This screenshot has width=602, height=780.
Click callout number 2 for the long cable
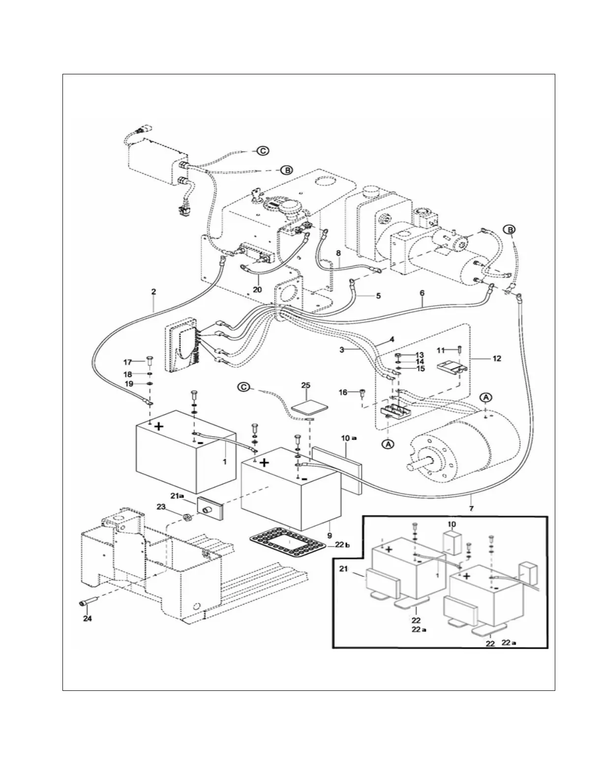click(x=153, y=292)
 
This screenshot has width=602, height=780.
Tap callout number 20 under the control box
click(x=257, y=290)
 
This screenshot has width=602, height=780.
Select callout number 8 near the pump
click(x=338, y=253)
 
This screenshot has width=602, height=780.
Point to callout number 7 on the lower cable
click(x=471, y=508)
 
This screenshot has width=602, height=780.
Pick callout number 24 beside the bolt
click(x=87, y=619)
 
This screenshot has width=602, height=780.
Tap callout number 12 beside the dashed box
click(x=497, y=358)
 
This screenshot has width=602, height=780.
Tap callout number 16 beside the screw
click(x=342, y=392)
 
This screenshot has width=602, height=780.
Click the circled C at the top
click(x=263, y=151)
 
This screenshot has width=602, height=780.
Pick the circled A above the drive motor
click(x=486, y=397)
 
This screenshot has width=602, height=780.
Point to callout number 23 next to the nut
click(x=161, y=506)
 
